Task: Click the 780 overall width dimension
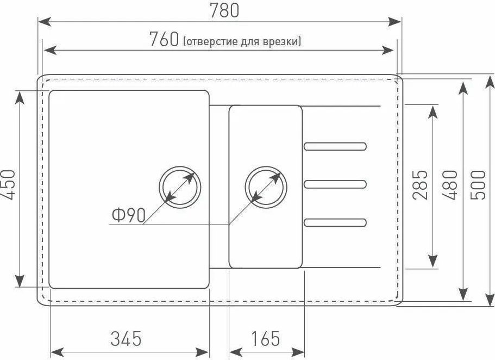pyautogui.click(x=223, y=10)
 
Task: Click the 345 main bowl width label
pyautogui.click(x=126, y=338)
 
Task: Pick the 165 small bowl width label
pyautogui.click(x=266, y=338)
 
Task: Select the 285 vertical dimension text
pyautogui.click(x=420, y=185)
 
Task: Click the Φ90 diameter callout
pyautogui.click(x=128, y=216)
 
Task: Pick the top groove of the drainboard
pyautogui.click(x=335, y=146)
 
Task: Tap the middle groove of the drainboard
pyautogui.click(x=335, y=184)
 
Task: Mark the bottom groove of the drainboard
pyautogui.click(x=335, y=221)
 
